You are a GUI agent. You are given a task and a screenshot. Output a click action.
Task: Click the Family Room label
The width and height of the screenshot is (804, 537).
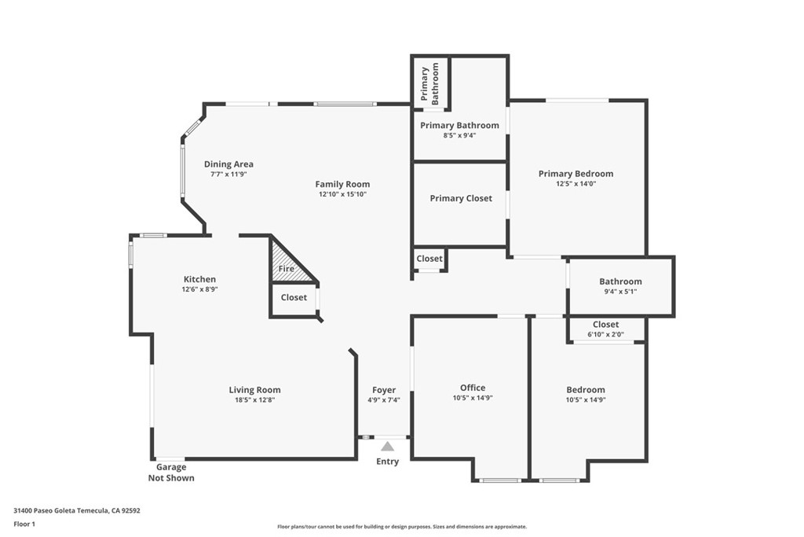tap(342, 184)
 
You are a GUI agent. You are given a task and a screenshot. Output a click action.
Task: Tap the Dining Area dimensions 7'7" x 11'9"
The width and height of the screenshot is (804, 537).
tap(228, 174)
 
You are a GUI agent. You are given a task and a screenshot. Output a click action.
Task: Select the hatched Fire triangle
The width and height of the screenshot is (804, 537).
tap(290, 263)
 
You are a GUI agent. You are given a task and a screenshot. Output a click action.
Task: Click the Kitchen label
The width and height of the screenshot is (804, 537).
tap(199, 279)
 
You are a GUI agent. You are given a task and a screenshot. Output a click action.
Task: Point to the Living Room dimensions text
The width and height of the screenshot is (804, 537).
tap(254, 400)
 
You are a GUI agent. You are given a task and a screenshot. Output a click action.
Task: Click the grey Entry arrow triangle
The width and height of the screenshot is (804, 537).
tap(387, 446)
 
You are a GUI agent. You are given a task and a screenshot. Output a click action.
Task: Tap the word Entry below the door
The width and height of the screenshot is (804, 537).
tap(387, 462)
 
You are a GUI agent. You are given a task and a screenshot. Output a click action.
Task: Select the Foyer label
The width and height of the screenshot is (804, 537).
tap(383, 390)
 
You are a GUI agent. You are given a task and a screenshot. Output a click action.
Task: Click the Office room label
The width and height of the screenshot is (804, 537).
tap(472, 388)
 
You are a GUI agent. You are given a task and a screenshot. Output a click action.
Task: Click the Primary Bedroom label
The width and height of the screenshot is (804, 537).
tap(576, 174)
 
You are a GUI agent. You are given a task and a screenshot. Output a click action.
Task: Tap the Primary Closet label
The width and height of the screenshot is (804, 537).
tap(460, 198)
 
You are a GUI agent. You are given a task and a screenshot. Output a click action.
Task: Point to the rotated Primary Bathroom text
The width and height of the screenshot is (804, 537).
tap(429, 83)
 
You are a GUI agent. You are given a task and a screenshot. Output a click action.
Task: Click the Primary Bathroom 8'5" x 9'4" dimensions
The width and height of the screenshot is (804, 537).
tap(459, 135)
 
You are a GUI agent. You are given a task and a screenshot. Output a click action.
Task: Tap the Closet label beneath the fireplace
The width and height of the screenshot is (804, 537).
tap(294, 297)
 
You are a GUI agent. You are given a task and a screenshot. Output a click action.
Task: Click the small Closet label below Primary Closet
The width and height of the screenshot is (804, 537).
tap(429, 259)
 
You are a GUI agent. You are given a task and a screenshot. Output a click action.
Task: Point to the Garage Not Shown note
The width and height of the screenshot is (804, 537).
tap(171, 473)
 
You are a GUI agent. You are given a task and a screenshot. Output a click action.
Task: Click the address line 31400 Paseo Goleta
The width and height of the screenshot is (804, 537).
tap(77, 511)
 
